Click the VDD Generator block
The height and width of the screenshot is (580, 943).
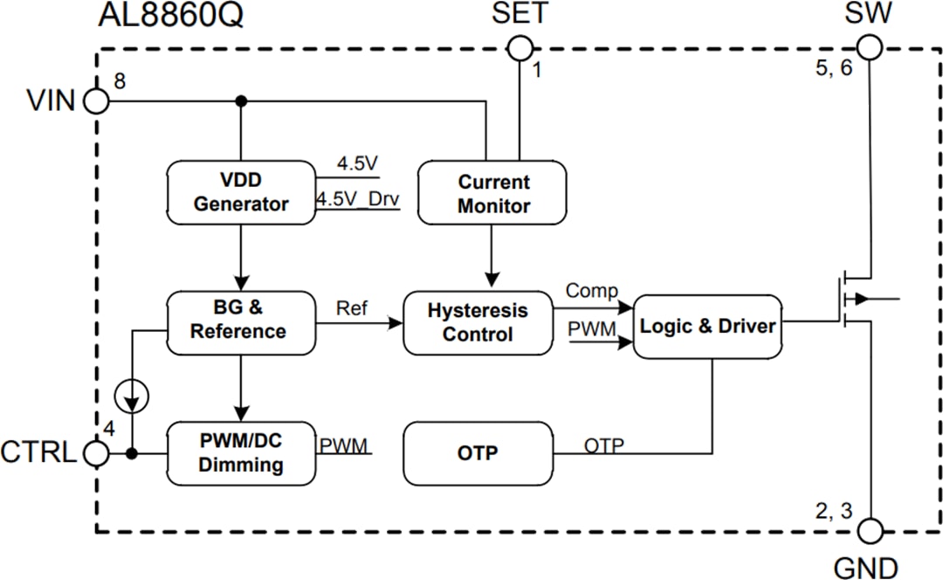(x=240, y=192)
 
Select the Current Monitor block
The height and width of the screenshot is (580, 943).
(x=493, y=194)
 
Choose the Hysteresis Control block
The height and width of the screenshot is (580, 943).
(x=478, y=322)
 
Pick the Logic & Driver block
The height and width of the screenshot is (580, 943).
(x=707, y=326)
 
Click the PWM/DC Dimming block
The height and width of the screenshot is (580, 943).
(x=240, y=452)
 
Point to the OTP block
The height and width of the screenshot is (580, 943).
(x=478, y=453)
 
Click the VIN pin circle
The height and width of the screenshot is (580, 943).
(x=96, y=101)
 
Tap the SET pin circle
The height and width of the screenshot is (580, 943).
(x=520, y=48)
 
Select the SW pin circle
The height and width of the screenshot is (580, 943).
(x=871, y=47)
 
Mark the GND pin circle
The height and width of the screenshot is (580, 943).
(x=871, y=530)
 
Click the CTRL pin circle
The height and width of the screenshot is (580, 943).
(x=96, y=453)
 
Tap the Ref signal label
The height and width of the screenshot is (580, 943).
(x=352, y=308)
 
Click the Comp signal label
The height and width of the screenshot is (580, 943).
(x=591, y=291)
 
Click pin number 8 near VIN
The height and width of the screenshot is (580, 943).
(x=119, y=81)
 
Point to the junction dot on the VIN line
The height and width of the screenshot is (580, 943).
(x=242, y=101)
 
